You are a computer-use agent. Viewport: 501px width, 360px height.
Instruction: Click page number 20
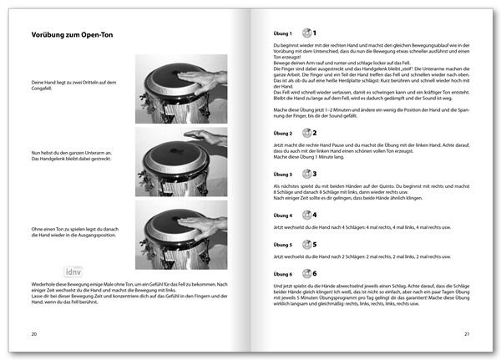click(x=34, y=334)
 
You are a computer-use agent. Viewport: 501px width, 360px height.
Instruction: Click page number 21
click(x=468, y=334)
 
